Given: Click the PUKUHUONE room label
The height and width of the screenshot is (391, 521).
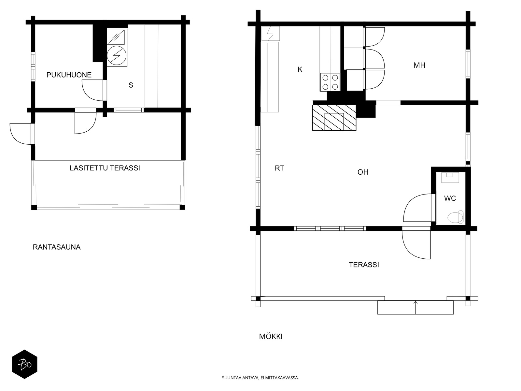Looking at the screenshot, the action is pos(69,75).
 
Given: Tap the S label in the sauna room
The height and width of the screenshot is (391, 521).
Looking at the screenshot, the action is pos(131,85).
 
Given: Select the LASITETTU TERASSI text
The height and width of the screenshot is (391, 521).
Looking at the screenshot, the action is pos(105,168).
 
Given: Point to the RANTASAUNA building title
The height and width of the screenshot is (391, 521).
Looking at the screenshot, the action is pos(56,247).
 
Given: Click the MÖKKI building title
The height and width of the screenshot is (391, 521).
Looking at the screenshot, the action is pos(271,336).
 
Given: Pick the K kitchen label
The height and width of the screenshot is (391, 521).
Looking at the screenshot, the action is pos(300,69).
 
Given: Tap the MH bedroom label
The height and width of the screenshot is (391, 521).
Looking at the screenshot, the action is pos(419,65).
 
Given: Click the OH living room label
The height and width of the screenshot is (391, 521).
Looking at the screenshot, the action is pos(363,172).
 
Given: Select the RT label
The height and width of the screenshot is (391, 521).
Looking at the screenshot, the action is pos(279,168).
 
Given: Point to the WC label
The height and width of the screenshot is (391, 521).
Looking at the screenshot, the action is pos(450,198).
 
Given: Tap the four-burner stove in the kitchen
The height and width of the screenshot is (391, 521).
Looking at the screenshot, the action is pos(330,82).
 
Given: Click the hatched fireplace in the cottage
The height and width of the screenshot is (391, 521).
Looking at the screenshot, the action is pos(334,118).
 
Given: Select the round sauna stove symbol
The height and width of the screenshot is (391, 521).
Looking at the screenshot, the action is pos(117,55).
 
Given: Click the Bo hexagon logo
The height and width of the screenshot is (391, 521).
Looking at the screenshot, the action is pos(24,364).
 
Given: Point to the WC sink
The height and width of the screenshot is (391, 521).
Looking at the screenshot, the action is pos(450,177).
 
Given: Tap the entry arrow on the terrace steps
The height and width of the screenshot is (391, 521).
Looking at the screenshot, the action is pos(415,308).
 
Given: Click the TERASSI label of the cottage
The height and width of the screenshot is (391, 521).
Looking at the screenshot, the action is pos(364,265).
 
